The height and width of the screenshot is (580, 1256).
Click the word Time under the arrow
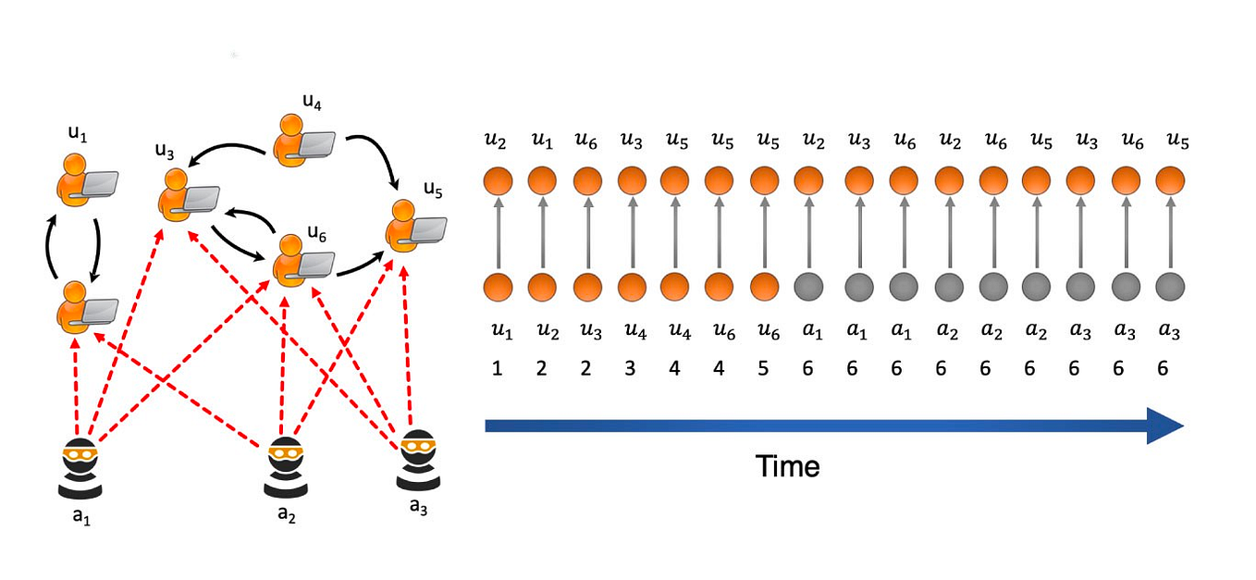tap(787, 466)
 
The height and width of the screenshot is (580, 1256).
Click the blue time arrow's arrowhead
tap(1166, 426)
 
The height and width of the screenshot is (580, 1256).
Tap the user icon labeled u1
tap(84, 178)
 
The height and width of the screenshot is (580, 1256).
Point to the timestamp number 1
tap(498, 369)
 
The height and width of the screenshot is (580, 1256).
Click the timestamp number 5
tap(763, 369)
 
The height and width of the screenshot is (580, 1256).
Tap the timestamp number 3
tap(631, 369)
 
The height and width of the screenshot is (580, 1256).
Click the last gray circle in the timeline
tap(1169, 287)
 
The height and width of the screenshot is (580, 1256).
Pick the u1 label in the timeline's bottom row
tap(498, 330)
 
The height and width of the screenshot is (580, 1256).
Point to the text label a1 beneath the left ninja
tap(81, 517)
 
